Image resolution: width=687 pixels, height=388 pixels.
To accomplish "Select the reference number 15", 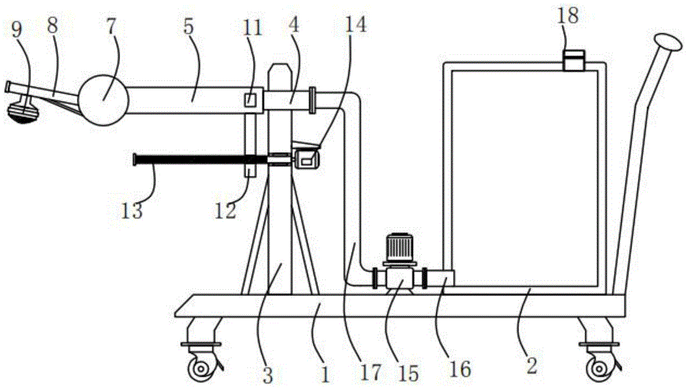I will [409, 372].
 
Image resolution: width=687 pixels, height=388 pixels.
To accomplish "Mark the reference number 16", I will [460, 369].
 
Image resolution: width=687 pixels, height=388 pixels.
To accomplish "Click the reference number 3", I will [268, 375].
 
